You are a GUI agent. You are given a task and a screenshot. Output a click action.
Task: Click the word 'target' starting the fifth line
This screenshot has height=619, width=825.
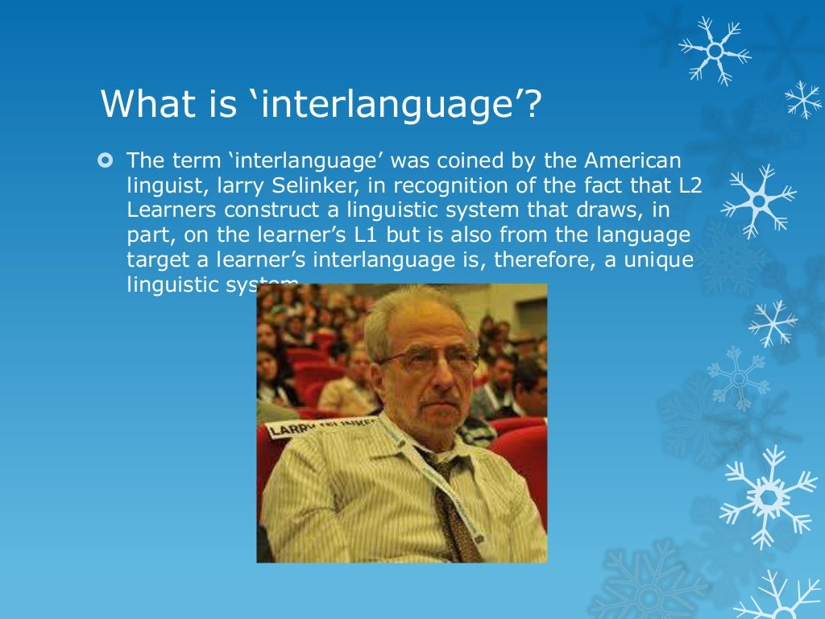point(153,262)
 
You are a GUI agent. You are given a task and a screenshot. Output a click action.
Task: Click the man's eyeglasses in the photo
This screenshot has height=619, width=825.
point(429,358)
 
